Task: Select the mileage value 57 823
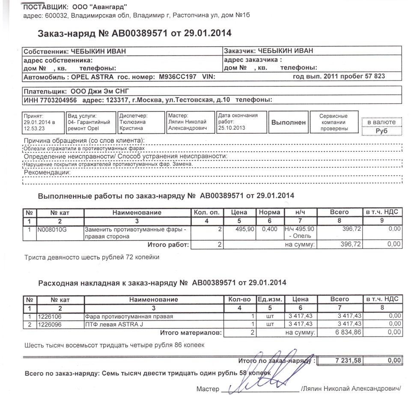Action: coord(374,77)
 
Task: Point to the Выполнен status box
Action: coord(289,122)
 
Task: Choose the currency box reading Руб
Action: coord(381,131)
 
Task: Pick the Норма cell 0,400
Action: coord(269,230)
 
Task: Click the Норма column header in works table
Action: coord(269,212)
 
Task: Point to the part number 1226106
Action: coord(50,317)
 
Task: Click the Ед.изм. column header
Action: coord(269,300)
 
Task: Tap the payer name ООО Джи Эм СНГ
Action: coord(96,91)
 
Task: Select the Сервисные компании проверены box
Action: coord(334,122)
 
